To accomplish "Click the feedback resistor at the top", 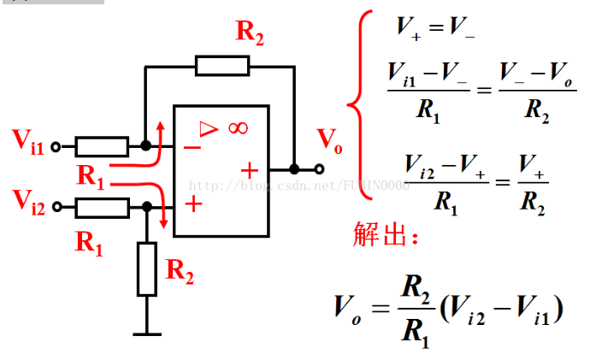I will coord(222,65).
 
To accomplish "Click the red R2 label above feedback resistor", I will coord(250,33).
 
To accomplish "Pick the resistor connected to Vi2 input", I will coord(102,207).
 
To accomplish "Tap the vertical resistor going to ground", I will coord(147,269).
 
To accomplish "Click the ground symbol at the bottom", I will coord(147,332).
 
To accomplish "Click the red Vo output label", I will coord(329,140).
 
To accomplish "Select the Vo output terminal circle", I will coord(320,169).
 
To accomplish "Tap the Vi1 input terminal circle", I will coord(56,147).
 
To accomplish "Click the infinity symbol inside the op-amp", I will coord(237,128).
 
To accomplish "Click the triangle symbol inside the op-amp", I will coord(209,128).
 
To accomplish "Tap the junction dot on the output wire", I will coord(294,169).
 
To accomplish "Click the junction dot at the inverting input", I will coord(146,147).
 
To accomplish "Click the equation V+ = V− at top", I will coord(435,28).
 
